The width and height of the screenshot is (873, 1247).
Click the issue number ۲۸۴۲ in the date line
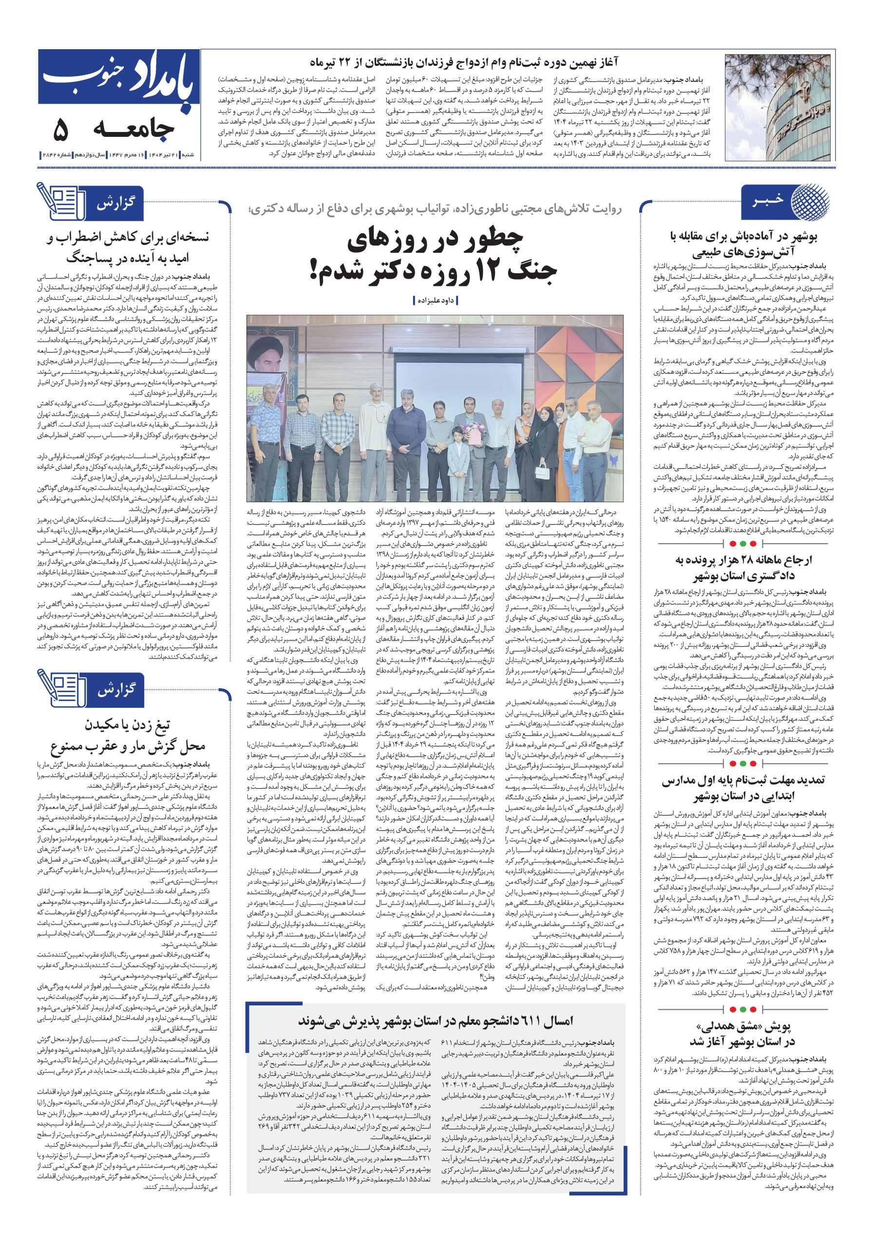(49, 155)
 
